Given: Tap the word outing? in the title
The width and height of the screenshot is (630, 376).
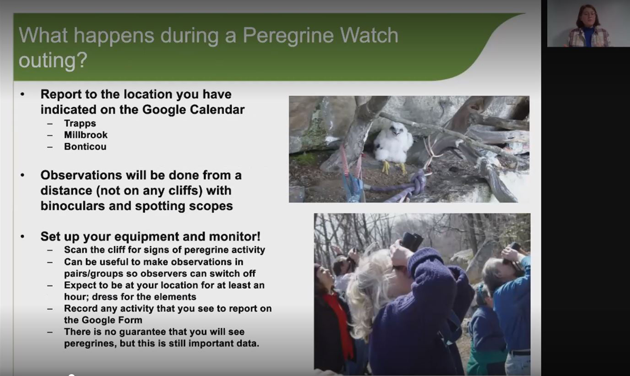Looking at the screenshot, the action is click(53, 61).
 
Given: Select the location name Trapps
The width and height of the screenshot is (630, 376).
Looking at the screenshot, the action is click(80, 123).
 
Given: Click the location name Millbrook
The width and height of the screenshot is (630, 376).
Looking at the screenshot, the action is click(86, 135).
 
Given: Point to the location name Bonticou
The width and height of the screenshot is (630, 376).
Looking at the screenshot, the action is click(85, 146).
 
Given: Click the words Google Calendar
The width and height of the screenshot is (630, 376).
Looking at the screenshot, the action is click(193, 110).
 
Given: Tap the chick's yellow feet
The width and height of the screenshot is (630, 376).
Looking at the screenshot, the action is click(394, 168).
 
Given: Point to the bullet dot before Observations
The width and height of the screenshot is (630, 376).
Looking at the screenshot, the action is click(23, 175).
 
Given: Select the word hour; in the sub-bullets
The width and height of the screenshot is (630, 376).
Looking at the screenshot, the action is click(76, 297).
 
